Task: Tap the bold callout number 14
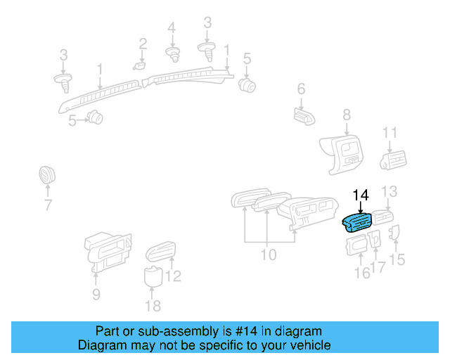[361, 195]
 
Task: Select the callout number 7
[48, 205]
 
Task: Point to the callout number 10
[269, 254]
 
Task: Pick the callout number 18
[153, 305]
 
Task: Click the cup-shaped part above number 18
[153, 276]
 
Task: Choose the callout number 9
[96, 293]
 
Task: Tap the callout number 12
[173, 276]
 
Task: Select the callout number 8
[346, 115]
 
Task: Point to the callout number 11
[390, 132]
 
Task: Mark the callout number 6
[301, 89]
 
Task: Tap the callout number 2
[143, 44]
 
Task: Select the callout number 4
[172, 27]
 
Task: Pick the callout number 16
[362, 273]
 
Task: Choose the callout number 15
[398, 259]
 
